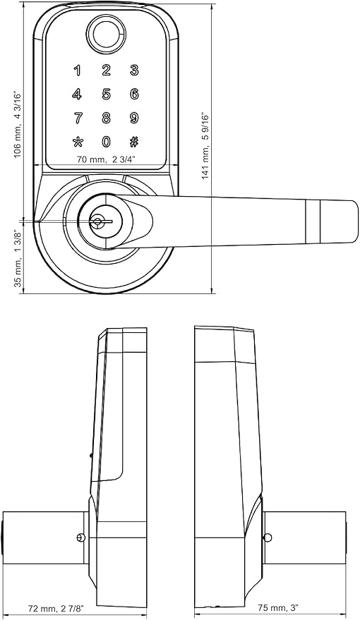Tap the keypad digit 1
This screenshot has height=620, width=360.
pos(78,71)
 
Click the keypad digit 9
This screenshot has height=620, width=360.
pos(134,118)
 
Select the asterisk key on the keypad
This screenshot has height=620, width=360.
pos(78,142)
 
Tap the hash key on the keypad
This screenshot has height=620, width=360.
pos(134,141)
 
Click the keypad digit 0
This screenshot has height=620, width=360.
pos(106,141)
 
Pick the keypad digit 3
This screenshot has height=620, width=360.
pos(135,71)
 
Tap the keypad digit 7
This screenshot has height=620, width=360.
pos(78,118)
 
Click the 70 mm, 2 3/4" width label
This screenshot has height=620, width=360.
pos(106,159)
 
